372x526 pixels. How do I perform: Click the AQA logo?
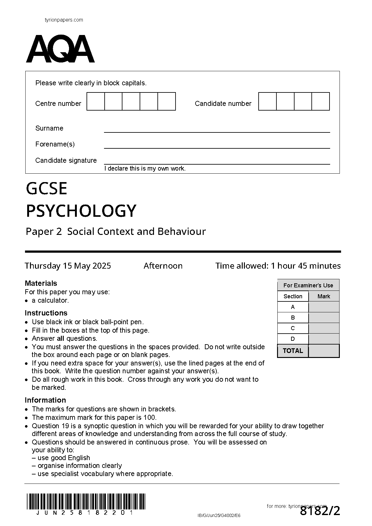(60, 49)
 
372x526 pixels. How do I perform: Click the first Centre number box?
(96, 102)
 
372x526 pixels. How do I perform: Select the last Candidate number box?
(321, 102)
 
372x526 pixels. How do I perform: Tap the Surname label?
(49, 128)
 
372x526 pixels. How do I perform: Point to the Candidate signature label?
(66, 161)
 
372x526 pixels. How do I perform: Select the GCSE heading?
(47, 189)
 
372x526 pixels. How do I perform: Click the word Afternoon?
(163, 266)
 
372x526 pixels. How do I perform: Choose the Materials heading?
(41, 283)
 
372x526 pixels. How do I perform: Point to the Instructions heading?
(46, 313)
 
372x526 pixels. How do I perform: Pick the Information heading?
(45, 400)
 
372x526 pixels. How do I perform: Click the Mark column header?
(324, 296)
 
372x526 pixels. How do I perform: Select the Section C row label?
(293, 328)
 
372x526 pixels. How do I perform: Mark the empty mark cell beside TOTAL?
(324, 351)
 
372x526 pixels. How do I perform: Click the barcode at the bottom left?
(86, 501)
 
